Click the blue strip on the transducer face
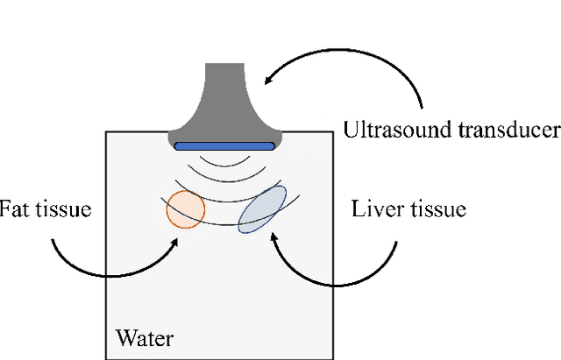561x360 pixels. pos(223,145)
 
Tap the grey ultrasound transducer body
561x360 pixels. pos(224,105)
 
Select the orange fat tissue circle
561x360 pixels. pos(186,208)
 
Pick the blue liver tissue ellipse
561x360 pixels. pos(262,209)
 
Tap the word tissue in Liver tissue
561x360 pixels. pos(437,209)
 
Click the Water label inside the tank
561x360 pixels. pos(145,338)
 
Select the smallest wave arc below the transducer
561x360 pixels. pos(223,163)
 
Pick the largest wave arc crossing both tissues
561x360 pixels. pos(223,222)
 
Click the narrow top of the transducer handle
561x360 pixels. pos(224,70)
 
